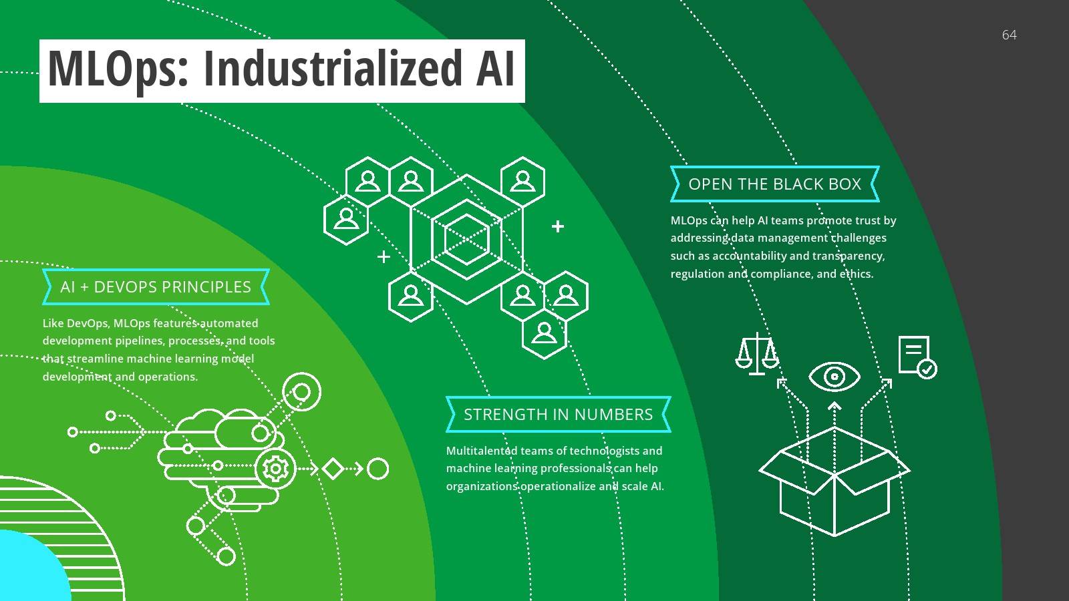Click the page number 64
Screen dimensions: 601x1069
1009,35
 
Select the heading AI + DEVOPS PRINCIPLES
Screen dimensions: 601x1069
156,287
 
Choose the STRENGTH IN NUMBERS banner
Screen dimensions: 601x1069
558,415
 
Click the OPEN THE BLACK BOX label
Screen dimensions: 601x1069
774,184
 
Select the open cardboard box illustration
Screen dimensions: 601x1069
834,481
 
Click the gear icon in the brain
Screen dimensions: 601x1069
275,469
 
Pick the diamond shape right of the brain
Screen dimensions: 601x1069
333,469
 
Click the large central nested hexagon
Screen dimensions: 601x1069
466,238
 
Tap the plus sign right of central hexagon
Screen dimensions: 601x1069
558,226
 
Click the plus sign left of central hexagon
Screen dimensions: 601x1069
384,256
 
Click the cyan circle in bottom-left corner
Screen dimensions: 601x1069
27,571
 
